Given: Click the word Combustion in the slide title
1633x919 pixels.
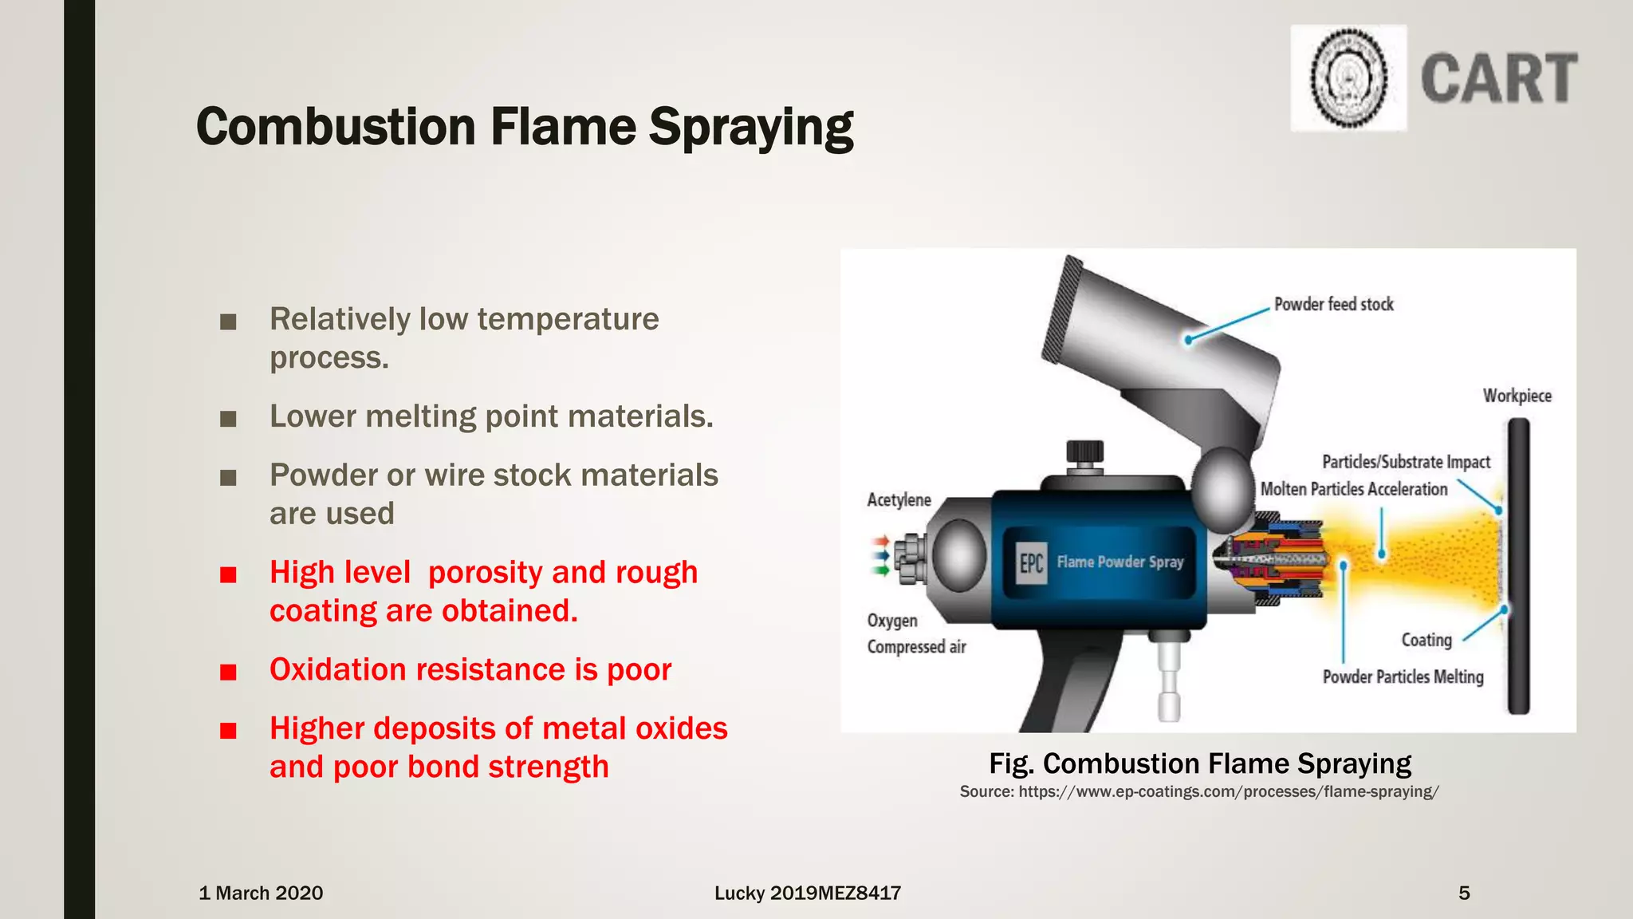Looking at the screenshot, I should pos(336,127).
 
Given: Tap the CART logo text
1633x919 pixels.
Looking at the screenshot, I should pos(1498,78).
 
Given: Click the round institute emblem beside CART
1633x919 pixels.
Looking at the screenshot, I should pos(1348,78).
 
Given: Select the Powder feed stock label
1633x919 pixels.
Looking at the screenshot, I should pos(1333,304).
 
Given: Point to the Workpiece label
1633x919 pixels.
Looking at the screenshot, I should pos(1517,396).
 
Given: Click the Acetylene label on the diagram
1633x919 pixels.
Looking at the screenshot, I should pos(899,500).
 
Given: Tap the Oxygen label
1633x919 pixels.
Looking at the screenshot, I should pos(892,621).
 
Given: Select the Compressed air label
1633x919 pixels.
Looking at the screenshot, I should pos(916,647).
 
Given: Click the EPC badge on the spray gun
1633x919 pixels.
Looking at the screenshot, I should pos(1031,563).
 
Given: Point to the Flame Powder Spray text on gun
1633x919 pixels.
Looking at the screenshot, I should pos(1120,562).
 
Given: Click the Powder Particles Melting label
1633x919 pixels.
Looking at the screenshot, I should pos(1403,677).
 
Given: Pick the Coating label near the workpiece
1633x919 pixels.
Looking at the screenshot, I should pos(1426,640).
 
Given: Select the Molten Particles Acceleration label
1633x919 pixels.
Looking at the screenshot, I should pos(1353,489).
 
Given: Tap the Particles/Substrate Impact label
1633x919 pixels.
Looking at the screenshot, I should pos(1406,462).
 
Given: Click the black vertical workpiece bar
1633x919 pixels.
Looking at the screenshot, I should pos(1518,566).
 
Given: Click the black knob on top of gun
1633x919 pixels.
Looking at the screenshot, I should pos(1084,452).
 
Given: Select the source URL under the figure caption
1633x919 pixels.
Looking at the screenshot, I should pos(1199,791).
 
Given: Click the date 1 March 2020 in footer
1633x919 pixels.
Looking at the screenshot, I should pos(261,893).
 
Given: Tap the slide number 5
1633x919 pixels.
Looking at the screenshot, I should pos(1464,893).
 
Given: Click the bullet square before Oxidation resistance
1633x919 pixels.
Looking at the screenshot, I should pos(229,672).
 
